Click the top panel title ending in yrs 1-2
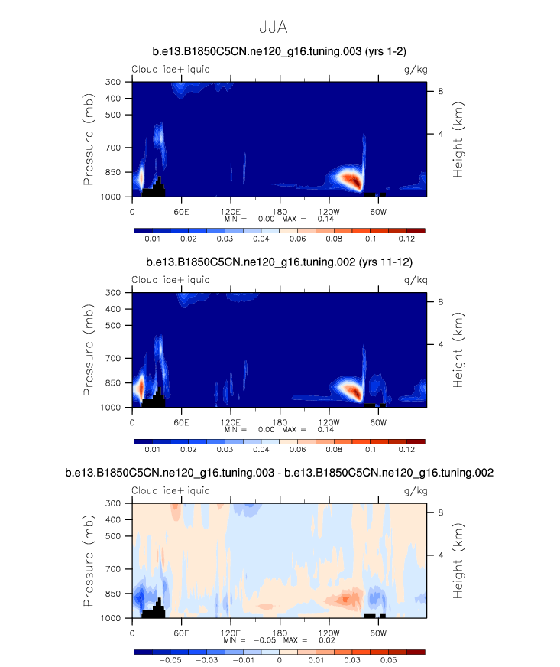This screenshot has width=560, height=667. pyautogui.click(x=280, y=51)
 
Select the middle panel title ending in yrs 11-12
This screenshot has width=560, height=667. pyautogui.click(x=280, y=262)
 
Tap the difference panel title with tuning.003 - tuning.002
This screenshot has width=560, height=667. pyautogui.click(x=280, y=473)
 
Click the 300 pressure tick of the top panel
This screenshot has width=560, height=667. pyautogui.click(x=112, y=82)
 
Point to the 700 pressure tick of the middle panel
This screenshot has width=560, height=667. pyautogui.click(x=112, y=358)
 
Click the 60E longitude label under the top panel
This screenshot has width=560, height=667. pyautogui.click(x=182, y=210)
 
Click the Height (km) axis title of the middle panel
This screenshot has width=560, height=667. pyautogui.click(x=458, y=349)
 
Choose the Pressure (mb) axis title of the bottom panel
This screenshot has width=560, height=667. pyautogui.click(x=90, y=560)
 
